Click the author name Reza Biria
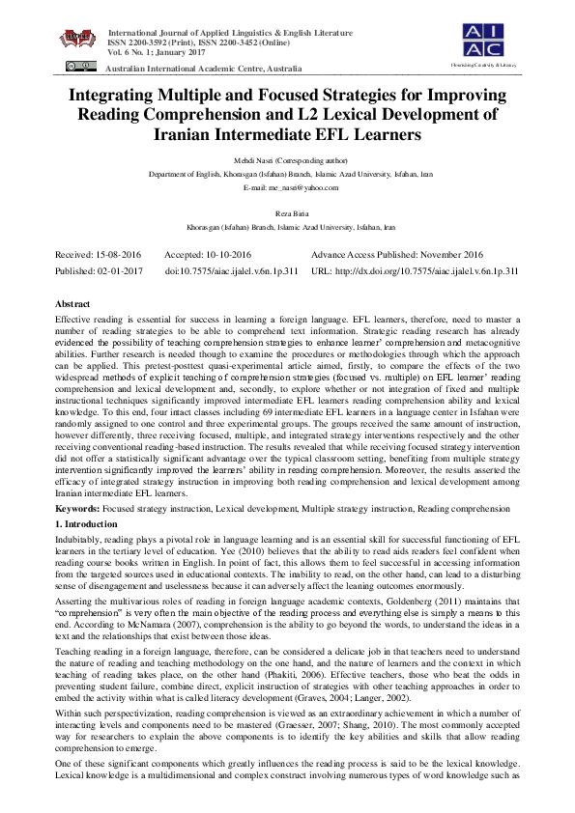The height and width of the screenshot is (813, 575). click(287, 212)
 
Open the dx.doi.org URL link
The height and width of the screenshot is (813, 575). click(432, 271)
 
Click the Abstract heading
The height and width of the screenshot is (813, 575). click(73, 302)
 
